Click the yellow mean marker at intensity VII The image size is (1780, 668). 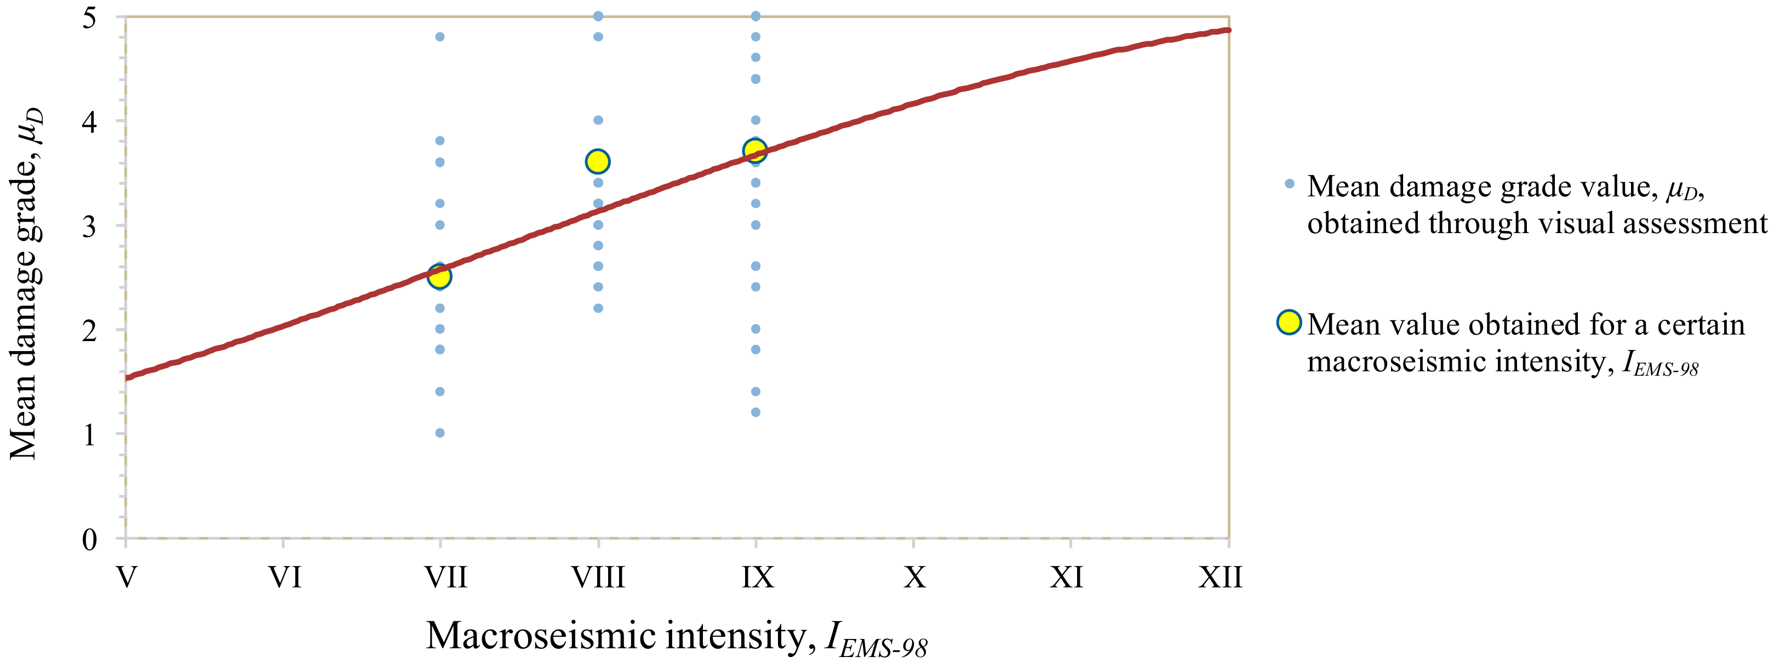coord(439,276)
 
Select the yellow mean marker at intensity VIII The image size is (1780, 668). coord(598,162)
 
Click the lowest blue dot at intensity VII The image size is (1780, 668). coord(439,433)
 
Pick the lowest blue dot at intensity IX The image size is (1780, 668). coord(756,412)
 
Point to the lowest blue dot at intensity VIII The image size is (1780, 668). coord(598,308)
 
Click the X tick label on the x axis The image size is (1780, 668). coord(914,577)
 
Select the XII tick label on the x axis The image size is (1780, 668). coord(1220,577)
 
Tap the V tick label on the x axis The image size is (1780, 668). coord(126,577)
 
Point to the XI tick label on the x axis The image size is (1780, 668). coord(1067,577)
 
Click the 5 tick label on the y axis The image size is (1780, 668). coord(89,18)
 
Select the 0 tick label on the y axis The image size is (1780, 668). coord(89,539)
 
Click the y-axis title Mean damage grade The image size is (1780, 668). coord(26,284)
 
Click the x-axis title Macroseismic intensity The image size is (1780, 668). coord(676,636)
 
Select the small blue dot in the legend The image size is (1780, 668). coord(1289,184)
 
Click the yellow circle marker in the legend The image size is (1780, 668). coord(1289,322)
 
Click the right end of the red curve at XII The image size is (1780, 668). coord(1227,30)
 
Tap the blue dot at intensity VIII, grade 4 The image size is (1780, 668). coord(598,120)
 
